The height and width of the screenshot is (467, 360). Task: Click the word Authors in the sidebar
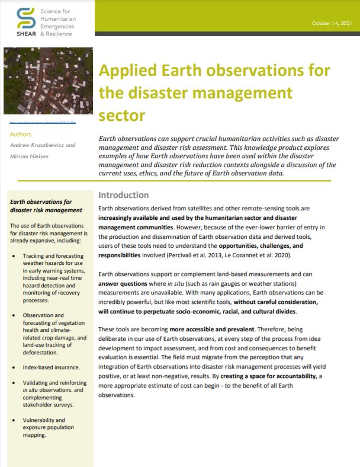pos(21,135)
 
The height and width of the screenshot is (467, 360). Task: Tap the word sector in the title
pos(121,113)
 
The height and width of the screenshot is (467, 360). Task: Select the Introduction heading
pos(123,195)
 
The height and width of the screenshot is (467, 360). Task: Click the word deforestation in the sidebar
pos(43,354)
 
